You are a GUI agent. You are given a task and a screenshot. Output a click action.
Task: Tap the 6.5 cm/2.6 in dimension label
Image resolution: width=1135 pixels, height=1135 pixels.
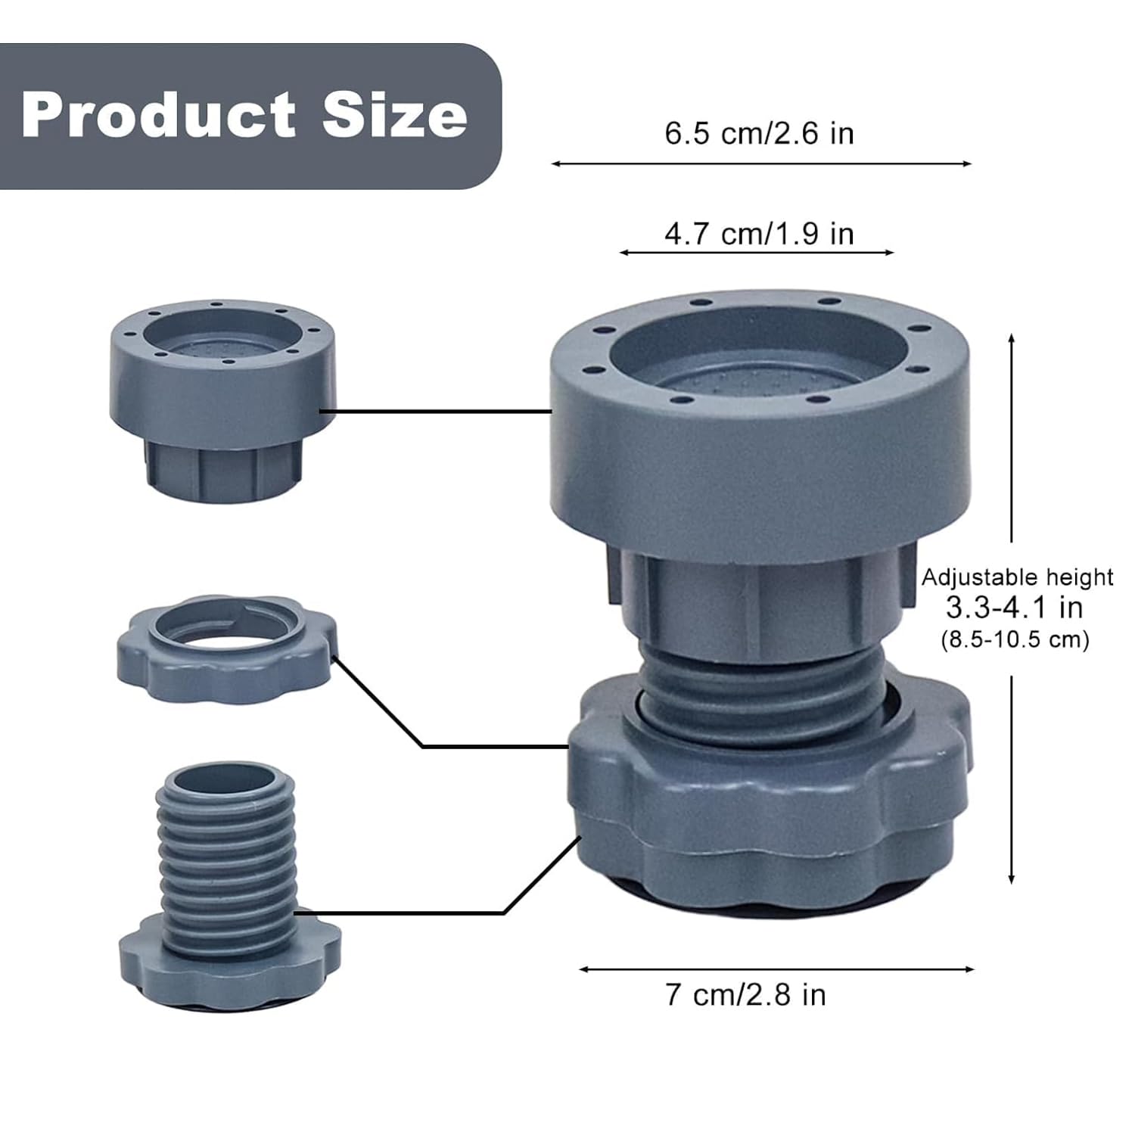[759, 134]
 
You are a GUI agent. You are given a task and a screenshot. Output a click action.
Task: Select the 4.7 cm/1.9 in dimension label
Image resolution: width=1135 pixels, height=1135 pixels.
[759, 234]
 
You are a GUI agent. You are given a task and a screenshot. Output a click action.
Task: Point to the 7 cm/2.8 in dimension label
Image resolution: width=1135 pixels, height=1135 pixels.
[745, 994]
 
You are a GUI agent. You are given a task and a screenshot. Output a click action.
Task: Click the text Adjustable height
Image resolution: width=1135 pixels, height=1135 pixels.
[1016, 578]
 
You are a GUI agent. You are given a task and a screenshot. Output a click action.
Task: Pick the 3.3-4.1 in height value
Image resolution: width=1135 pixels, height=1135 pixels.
[1014, 608]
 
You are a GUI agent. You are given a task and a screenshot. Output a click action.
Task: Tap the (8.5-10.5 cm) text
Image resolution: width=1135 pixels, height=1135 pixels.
[1015, 639]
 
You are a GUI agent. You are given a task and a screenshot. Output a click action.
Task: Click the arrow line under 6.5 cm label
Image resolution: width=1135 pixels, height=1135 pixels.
[760, 163]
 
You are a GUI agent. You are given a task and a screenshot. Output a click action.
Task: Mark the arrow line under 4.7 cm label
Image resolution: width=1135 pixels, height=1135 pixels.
[757, 252]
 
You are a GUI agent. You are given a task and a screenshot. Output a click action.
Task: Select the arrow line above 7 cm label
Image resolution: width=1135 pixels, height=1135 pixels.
[776, 969]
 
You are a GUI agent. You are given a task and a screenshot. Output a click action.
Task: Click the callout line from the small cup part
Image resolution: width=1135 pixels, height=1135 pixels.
[435, 412]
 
